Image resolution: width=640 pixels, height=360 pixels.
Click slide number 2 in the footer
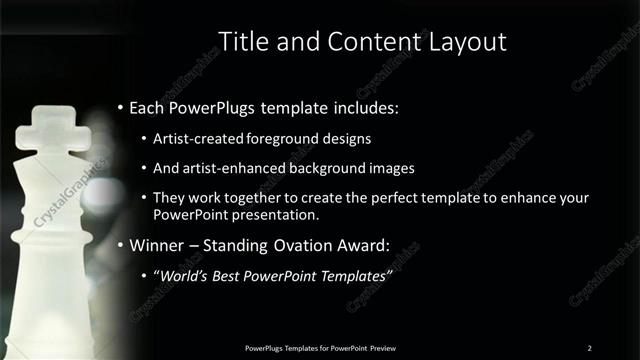590,347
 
